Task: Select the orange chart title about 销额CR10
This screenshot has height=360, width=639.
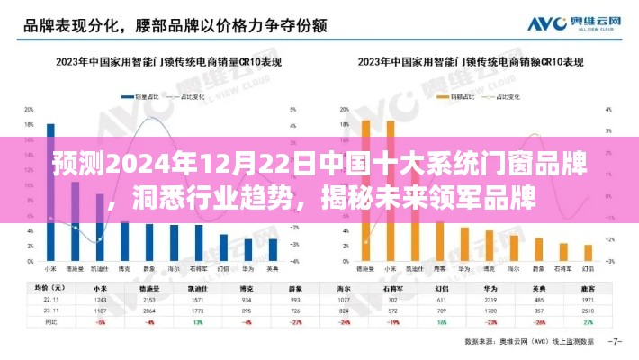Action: pyautogui.click(x=469, y=62)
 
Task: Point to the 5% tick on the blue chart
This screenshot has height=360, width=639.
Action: pyautogui.click(x=293, y=109)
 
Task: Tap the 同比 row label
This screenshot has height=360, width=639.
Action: pyautogui.click(x=52, y=320)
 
